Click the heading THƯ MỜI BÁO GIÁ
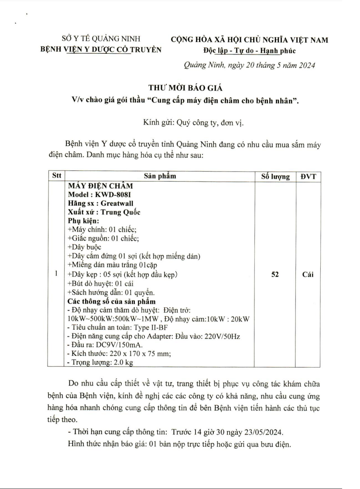[180, 87]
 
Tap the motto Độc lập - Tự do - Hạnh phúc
[249, 51]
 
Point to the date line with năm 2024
[249, 65]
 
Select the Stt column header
[56, 176]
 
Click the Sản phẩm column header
[160, 176]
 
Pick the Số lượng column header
[275, 176]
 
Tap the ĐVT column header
[311, 176]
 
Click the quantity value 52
[275, 274]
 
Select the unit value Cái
[311, 274]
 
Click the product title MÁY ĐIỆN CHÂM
[100, 186]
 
